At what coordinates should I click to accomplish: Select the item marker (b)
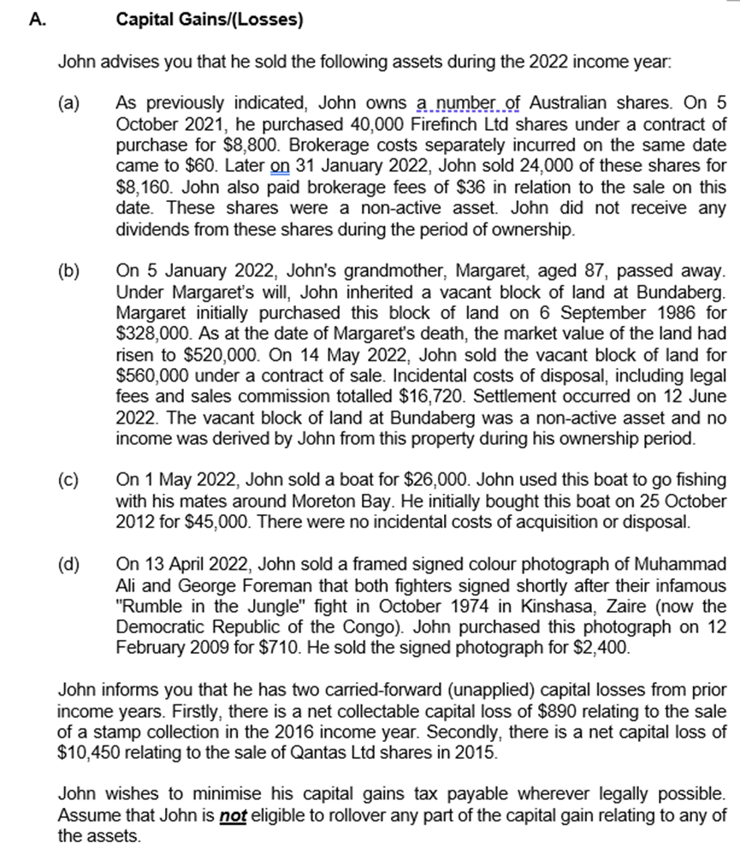click(x=68, y=272)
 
